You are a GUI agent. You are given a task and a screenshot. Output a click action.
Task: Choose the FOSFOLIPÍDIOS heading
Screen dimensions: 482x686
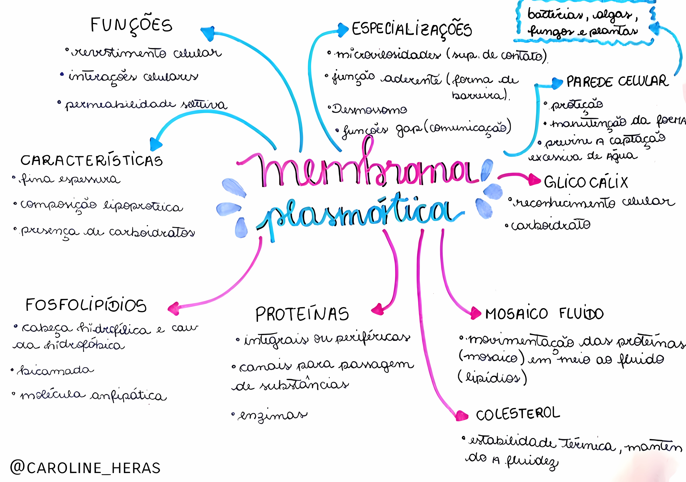pyautogui.click(x=86, y=305)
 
